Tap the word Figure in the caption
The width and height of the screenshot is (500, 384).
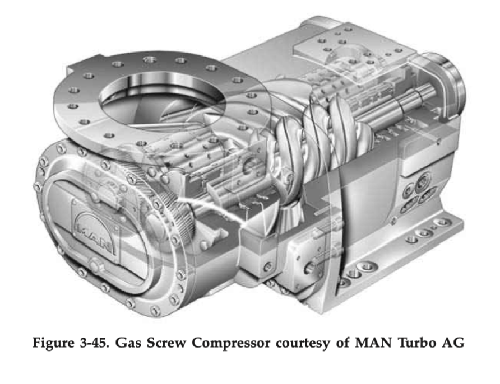53,343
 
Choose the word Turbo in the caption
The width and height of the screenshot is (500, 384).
416,343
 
